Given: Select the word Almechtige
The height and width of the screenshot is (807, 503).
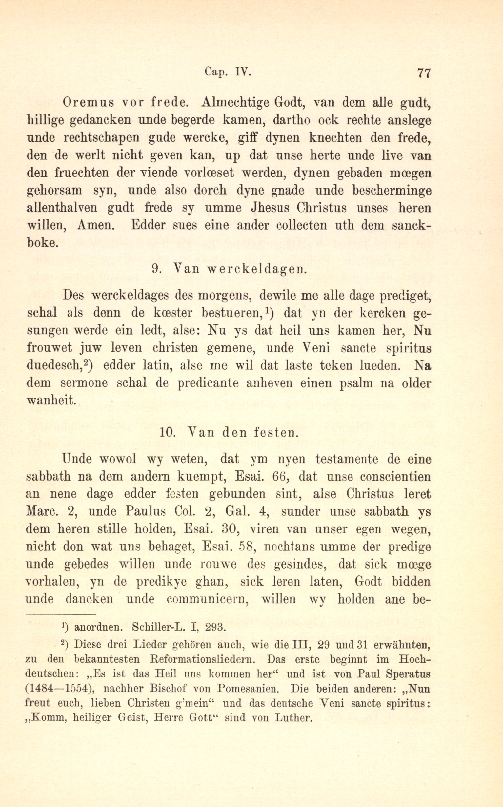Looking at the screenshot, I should tap(235, 102).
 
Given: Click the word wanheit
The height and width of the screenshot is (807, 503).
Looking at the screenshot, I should tap(51, 400).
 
